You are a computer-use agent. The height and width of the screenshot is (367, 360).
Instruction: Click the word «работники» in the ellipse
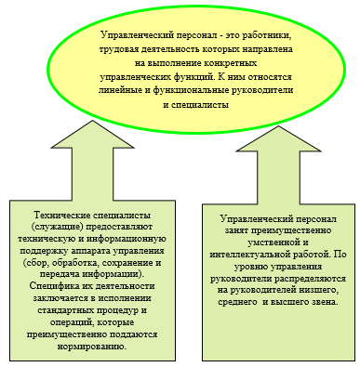(267, 35)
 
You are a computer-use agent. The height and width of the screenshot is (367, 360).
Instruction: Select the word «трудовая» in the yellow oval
(118, 49)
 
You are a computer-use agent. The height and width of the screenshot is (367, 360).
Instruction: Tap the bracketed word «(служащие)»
(58, 227)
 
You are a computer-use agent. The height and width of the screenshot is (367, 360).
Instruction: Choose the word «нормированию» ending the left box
(92, 346)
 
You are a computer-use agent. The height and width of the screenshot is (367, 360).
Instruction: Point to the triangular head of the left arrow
(92, 135)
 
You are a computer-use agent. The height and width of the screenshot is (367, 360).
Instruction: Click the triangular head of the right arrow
(278, 138)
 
